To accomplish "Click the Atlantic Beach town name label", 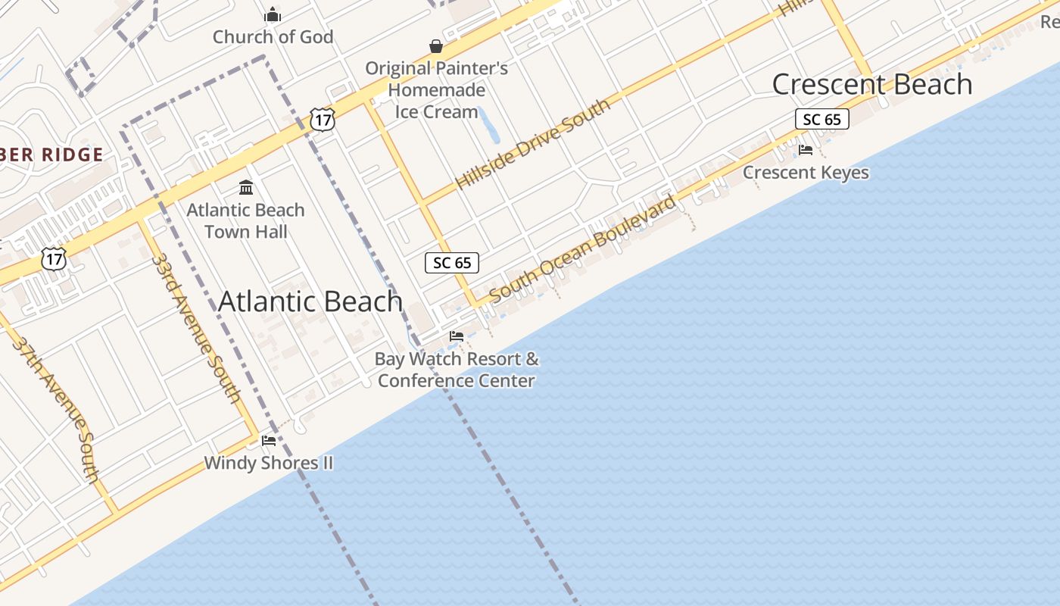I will (x=310, y=301).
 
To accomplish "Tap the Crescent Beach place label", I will (x=871, y=84).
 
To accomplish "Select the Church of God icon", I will (x=273, y=14).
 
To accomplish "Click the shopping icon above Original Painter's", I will (x=436, y=46).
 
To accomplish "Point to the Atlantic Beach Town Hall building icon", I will (x=246, y=187).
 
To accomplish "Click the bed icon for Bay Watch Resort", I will (x=457, y=336).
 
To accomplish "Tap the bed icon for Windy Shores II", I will (x=269, y=440).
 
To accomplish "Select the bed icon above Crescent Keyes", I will (x=806, y=150).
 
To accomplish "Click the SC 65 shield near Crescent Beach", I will (x=821, y=119).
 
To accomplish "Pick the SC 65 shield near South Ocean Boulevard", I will (x=452, y=263).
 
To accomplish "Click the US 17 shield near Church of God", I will (x=323, y=119).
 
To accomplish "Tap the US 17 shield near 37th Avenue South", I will (x=54, y=259).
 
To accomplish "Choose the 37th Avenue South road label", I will (x=57, y=409).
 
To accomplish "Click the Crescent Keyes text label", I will (x=806, y=173).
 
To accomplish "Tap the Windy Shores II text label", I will (x=268, y=463).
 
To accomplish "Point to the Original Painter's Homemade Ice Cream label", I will (x=437, y=90).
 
